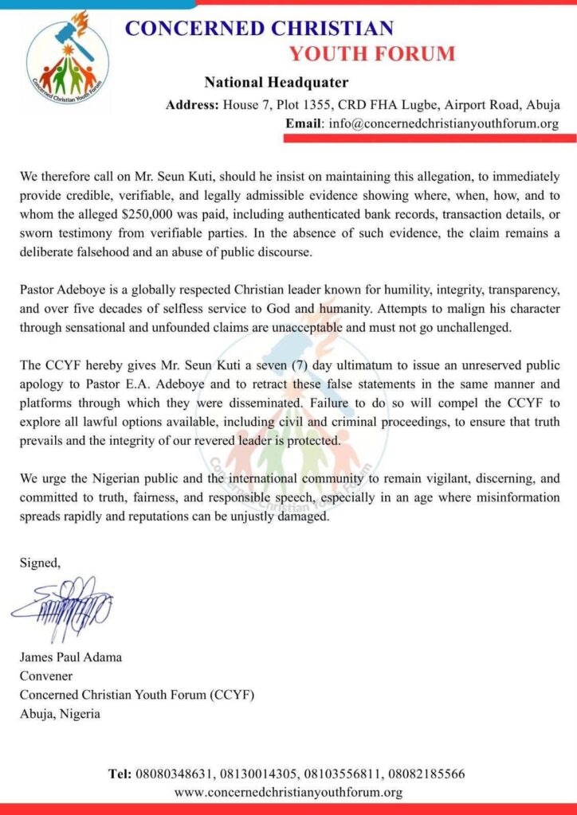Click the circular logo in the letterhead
click(68, 55)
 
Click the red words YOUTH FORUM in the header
click(372, 54)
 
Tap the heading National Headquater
click(276, 82)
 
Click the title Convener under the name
click(45, 676)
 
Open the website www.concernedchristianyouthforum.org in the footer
click(288, 792)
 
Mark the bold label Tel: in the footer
click(122, 774)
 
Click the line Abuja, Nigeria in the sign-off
click(61, 713)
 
